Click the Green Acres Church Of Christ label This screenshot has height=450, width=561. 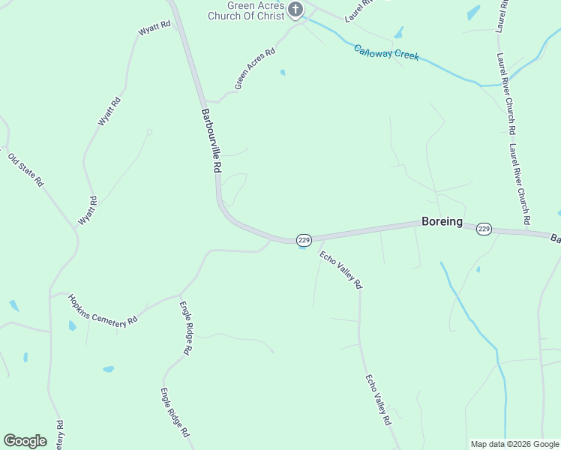point(256,10)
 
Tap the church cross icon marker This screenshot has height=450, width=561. point(295,10)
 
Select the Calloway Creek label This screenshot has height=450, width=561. point(386,52)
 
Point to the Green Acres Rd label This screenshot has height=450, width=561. point(255,69)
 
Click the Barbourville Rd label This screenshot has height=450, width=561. point(211,142)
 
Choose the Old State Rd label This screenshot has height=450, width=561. point(25,169)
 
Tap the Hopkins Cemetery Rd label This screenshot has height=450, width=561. point(103,308)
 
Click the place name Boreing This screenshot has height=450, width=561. point(442,221)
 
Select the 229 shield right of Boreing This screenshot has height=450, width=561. point(484,229)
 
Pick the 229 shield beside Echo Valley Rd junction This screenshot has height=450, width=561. point(303,239)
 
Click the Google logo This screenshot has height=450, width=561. point(25,440)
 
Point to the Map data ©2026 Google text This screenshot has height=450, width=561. point(514,444)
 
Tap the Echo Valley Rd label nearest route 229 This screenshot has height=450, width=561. point(340,270)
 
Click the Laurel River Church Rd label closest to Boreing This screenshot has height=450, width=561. point(519,184)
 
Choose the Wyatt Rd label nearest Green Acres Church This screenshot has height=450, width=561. point(155,28)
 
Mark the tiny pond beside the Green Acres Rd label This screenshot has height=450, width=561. point(282,73)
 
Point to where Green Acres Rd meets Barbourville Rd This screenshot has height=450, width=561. point(206,101)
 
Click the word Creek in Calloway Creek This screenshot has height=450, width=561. point(404,55)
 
